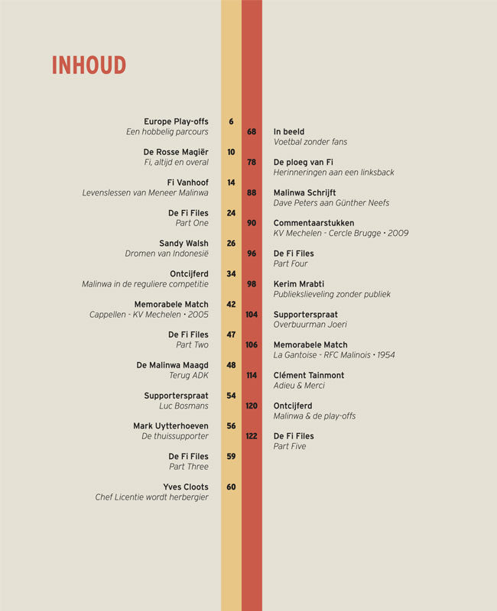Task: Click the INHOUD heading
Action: click(x=89, y=66)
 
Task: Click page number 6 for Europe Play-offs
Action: click(x=231, y=121)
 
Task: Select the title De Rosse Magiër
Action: click(x=176, y=152)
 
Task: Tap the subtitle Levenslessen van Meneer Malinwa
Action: click(x=145, y=192)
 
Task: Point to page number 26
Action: click(x=231, y=244)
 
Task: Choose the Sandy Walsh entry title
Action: click(x=184, y=244)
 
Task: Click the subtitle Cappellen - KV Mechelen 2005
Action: click(x=148, y=315)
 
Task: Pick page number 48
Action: click(x=231, y=365)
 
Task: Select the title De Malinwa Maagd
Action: click(x=172, y=365)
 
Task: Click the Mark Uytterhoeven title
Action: click(x=171, y=426)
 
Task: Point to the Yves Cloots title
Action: click(x=185, y=487)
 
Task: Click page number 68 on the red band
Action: click(x=252, y=132)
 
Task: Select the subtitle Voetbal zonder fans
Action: click(x=309, y=142)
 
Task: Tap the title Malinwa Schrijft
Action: click(x=304, y=192)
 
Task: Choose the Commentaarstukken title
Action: click(x=313, y=223)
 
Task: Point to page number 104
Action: click(x=252, y=315)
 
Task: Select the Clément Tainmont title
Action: click(x=309, y=375)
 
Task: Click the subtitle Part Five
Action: click(x=290, y=446)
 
